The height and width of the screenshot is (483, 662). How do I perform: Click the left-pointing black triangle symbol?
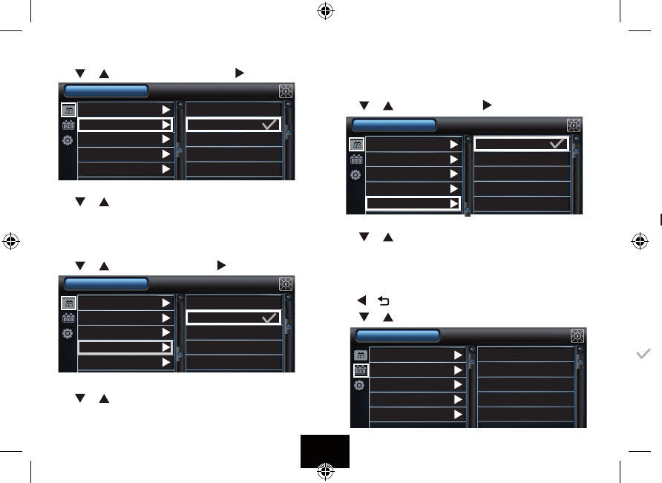pos(361,301)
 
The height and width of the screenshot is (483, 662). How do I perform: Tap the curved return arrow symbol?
pos(384,301)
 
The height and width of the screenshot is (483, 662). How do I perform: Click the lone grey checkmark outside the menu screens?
pos(643,355)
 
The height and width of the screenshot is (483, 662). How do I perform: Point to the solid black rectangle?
pos(324,451)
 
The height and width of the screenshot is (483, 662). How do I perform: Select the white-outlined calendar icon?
pos(358,370)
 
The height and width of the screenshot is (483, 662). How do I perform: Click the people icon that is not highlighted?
pos(358,355)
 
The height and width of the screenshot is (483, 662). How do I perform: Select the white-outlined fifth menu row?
pos(413,203)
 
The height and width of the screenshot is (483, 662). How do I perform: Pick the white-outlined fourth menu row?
pos(125,347)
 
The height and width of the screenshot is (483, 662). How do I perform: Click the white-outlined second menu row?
pos(125,125)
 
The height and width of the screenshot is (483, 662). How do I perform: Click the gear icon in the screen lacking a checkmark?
pos(358,386)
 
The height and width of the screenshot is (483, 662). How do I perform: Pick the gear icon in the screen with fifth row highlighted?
pos(356,175)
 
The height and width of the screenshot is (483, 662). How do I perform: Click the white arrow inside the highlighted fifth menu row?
pos(453,203)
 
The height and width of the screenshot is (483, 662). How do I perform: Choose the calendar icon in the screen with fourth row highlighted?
pos(68,318)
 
